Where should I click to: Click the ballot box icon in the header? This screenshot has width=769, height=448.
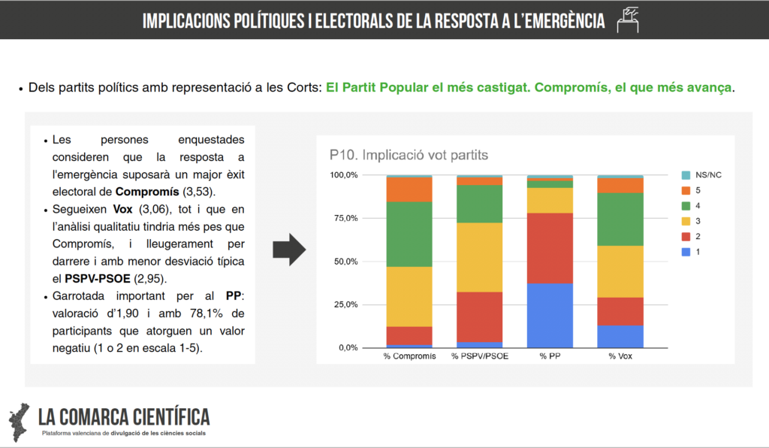click(627, 19)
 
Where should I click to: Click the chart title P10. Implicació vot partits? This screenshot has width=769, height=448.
click(409, 156)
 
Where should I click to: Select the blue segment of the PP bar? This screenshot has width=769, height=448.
click(550, 316)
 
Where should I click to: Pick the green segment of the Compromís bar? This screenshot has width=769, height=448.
click(409, 234)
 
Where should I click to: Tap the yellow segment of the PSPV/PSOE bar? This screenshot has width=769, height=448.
click(480, 257)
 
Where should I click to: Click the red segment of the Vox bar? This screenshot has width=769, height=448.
click(620, 311)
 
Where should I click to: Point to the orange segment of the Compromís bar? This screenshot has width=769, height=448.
click(409, 189)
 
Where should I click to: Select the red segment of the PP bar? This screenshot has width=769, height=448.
click(550, 248)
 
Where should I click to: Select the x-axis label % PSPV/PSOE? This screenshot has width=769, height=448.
click(480, 356)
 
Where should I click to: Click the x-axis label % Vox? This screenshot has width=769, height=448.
click(620, 356)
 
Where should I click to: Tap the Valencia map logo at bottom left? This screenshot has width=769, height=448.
click(20, 421)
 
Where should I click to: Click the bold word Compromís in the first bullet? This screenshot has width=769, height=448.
click(148, 190)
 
